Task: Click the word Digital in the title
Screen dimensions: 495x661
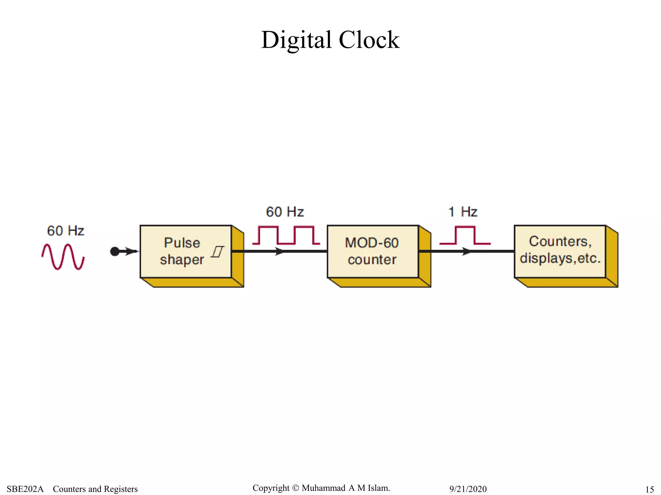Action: [296, 40]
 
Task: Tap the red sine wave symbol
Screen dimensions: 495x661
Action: [63, 257]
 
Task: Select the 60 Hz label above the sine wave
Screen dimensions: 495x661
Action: [66, 231]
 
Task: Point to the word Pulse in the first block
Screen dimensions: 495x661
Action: [182, 243]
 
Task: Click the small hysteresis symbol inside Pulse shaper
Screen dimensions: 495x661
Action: [218, 252]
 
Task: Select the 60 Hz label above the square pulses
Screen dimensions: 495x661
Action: [285, 212]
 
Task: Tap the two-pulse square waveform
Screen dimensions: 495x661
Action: [286, 235]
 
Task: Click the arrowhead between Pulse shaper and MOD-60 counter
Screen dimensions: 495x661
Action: [280, 251]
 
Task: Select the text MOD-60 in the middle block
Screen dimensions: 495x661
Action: [372, 243]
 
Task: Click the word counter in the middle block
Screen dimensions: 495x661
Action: [372, 260]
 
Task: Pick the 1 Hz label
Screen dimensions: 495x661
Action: [463, 212]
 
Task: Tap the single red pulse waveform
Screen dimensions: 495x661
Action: [465, 235]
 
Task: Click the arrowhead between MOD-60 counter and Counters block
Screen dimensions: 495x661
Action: [466, 251]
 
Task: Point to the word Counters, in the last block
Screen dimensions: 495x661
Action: [560, 241]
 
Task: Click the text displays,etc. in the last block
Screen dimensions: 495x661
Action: [560, 258]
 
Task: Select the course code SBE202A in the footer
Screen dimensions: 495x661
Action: [25, 489]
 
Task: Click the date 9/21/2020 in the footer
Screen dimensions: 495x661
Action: [468, 489]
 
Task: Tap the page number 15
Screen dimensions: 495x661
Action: [649, 490]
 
